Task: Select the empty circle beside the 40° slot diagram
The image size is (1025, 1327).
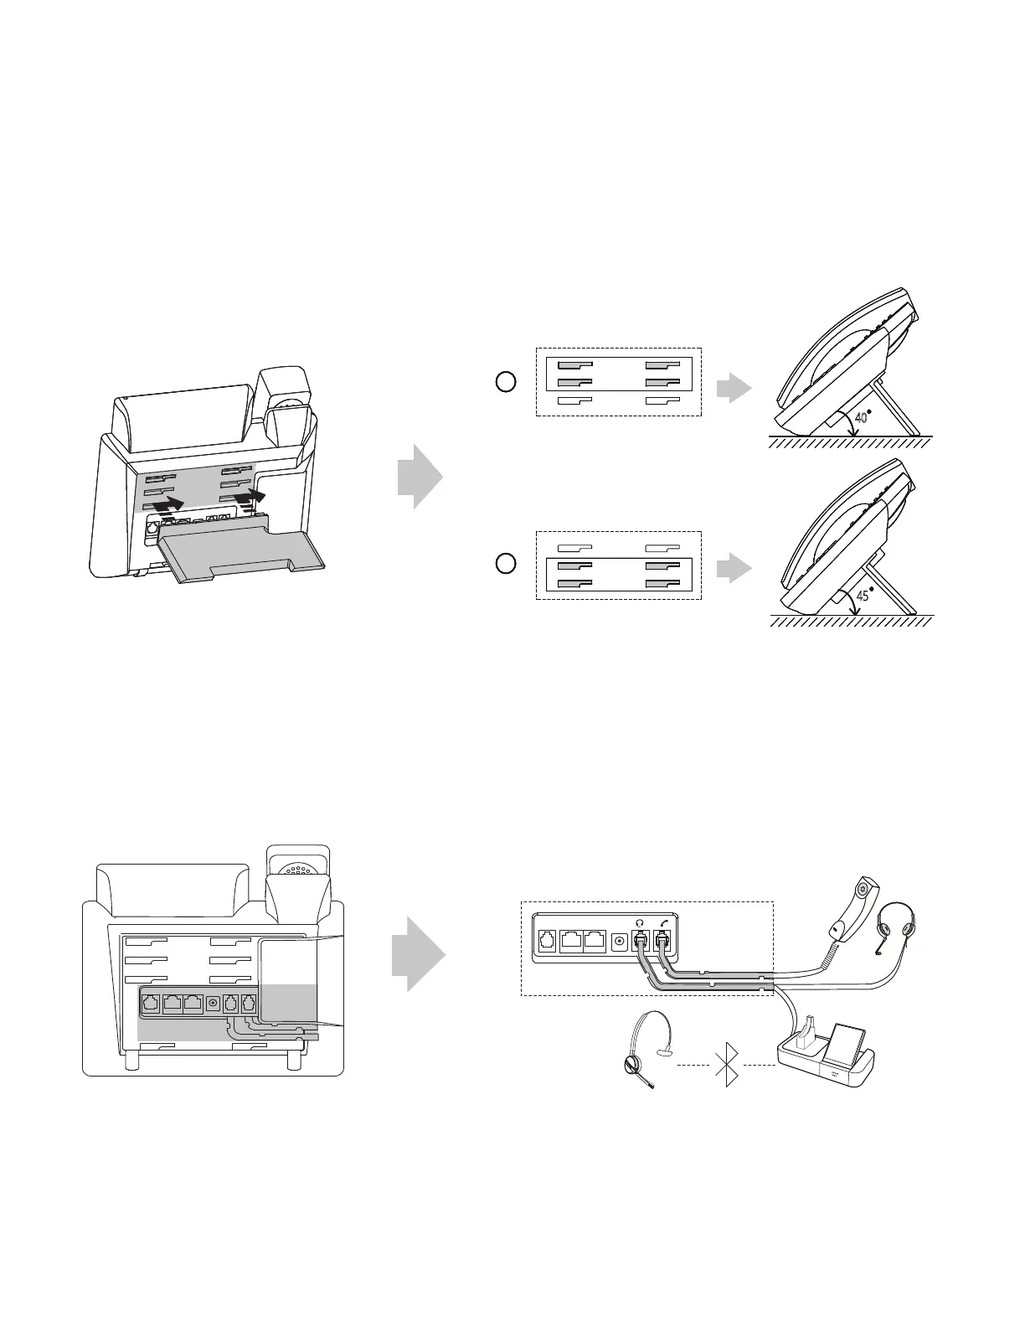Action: coord(506,382)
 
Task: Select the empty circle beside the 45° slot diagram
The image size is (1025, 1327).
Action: coord(506,563)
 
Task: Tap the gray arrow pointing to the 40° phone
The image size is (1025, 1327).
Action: coord(734,388)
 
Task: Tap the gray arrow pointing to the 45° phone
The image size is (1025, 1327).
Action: coord(734,569)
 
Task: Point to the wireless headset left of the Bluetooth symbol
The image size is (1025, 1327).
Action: coord(644,1051)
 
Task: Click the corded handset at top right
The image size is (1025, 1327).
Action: coord(853,908)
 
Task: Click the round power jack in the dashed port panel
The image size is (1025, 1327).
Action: coord(620,942)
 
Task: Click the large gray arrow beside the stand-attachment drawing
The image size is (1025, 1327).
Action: coord(420,475)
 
